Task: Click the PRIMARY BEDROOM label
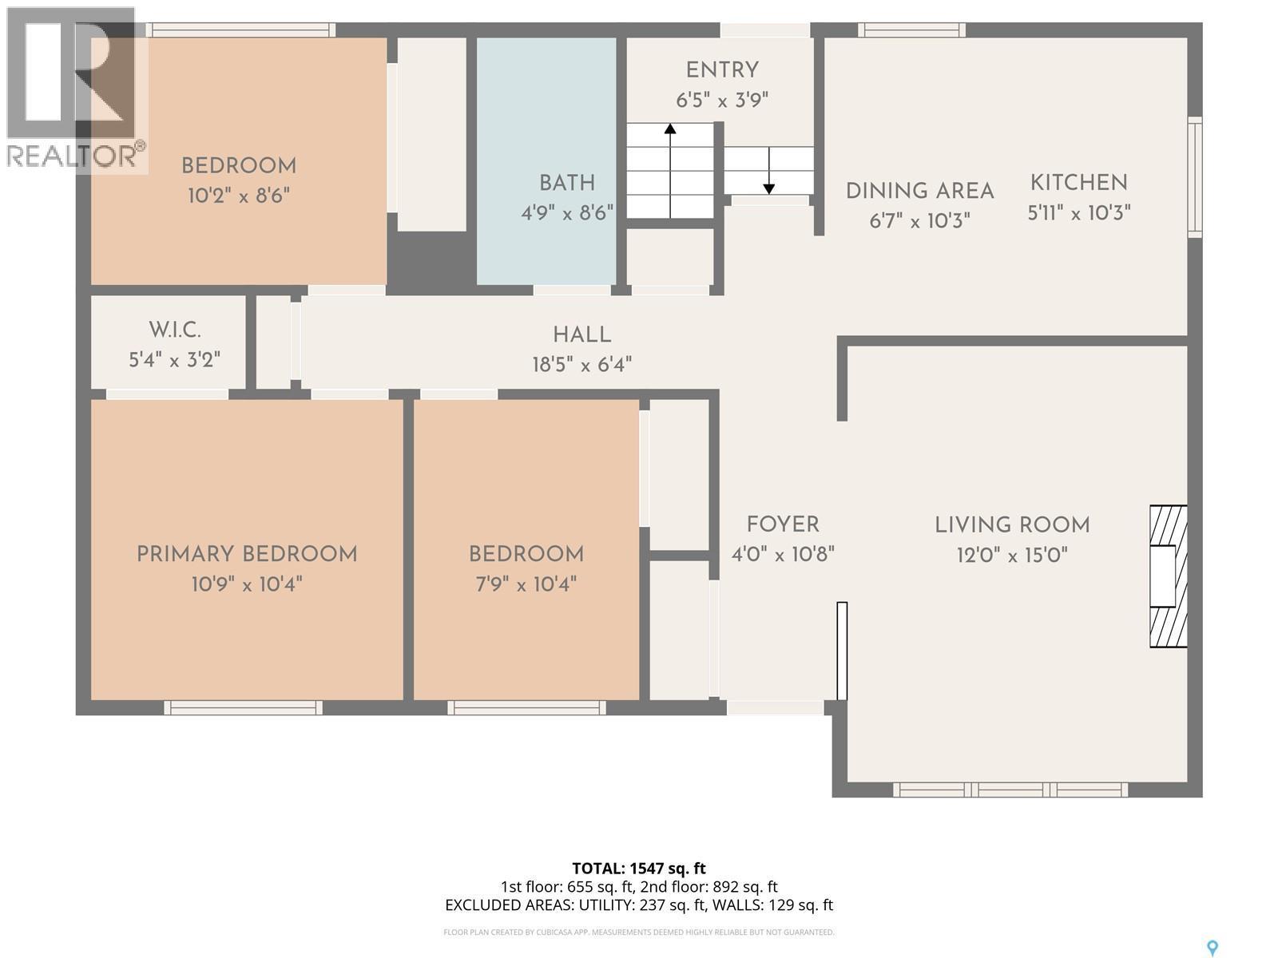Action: click(247, 554)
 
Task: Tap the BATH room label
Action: click(566, 183)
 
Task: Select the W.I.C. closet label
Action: click(174, 330)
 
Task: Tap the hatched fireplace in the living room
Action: click(1168, 576)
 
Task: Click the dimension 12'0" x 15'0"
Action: click(1012, 555)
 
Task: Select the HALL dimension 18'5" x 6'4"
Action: click(581, 365)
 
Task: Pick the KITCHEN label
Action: click(1078, 183)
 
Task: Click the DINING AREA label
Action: click(919, 192)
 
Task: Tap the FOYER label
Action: click(783, 525)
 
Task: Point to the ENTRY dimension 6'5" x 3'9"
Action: click(722, 101)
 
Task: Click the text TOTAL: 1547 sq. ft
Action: click(638, 868)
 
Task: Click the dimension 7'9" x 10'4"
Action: click(526, 584)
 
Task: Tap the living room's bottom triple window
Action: click(1010, 790)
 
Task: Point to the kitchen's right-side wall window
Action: click(1194, 177)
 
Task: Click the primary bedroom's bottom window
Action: click(244, 707)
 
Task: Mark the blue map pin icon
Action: click(1213, 948)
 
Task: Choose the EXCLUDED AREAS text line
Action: click(638, 905)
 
